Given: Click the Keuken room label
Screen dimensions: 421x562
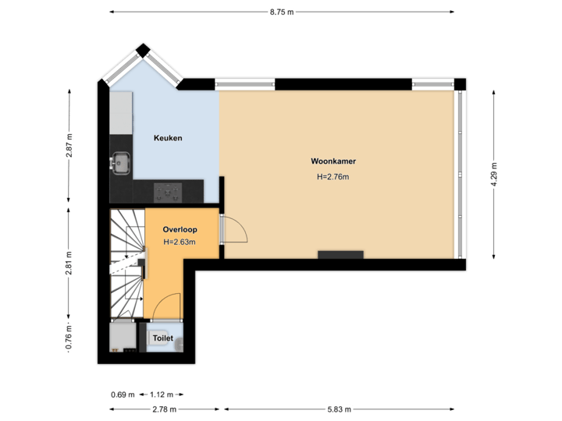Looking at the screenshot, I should click(x=168, y=138).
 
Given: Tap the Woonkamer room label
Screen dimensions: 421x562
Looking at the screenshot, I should click(x=333, y=162).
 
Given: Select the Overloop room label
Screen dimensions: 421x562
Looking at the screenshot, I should click(x=180, y=230).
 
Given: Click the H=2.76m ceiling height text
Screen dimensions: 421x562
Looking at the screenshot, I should click(x=333, y=177).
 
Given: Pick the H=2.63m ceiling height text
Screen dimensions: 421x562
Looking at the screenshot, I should click(x=180, y=242).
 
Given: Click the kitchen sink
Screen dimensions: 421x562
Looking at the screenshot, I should click(x=121, y=163).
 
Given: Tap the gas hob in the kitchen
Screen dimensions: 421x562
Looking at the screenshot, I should click(x=167, y=189).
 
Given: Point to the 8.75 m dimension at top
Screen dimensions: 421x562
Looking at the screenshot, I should click(x=281, y=12).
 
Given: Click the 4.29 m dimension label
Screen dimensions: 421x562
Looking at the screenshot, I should click(x=493, y=175).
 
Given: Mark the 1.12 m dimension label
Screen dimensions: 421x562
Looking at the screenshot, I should click(x=163, y=394).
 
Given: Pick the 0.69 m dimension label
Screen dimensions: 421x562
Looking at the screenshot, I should click(x=123, y=394).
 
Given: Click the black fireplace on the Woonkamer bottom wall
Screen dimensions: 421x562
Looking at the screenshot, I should click(x=340, y=254).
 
